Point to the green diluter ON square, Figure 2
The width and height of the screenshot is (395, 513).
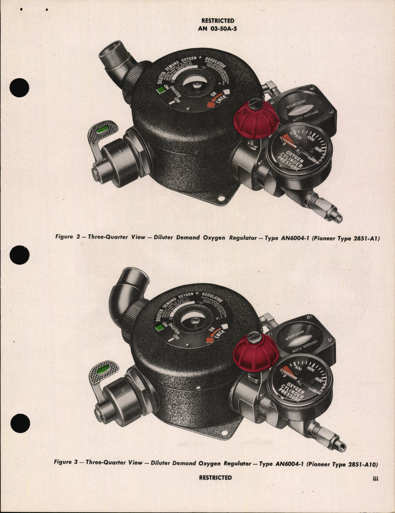(160, 91)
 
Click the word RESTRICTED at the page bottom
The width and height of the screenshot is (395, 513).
(215, 478)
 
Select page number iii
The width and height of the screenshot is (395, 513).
(375, 479)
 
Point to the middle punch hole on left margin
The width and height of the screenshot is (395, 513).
(19, 256)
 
